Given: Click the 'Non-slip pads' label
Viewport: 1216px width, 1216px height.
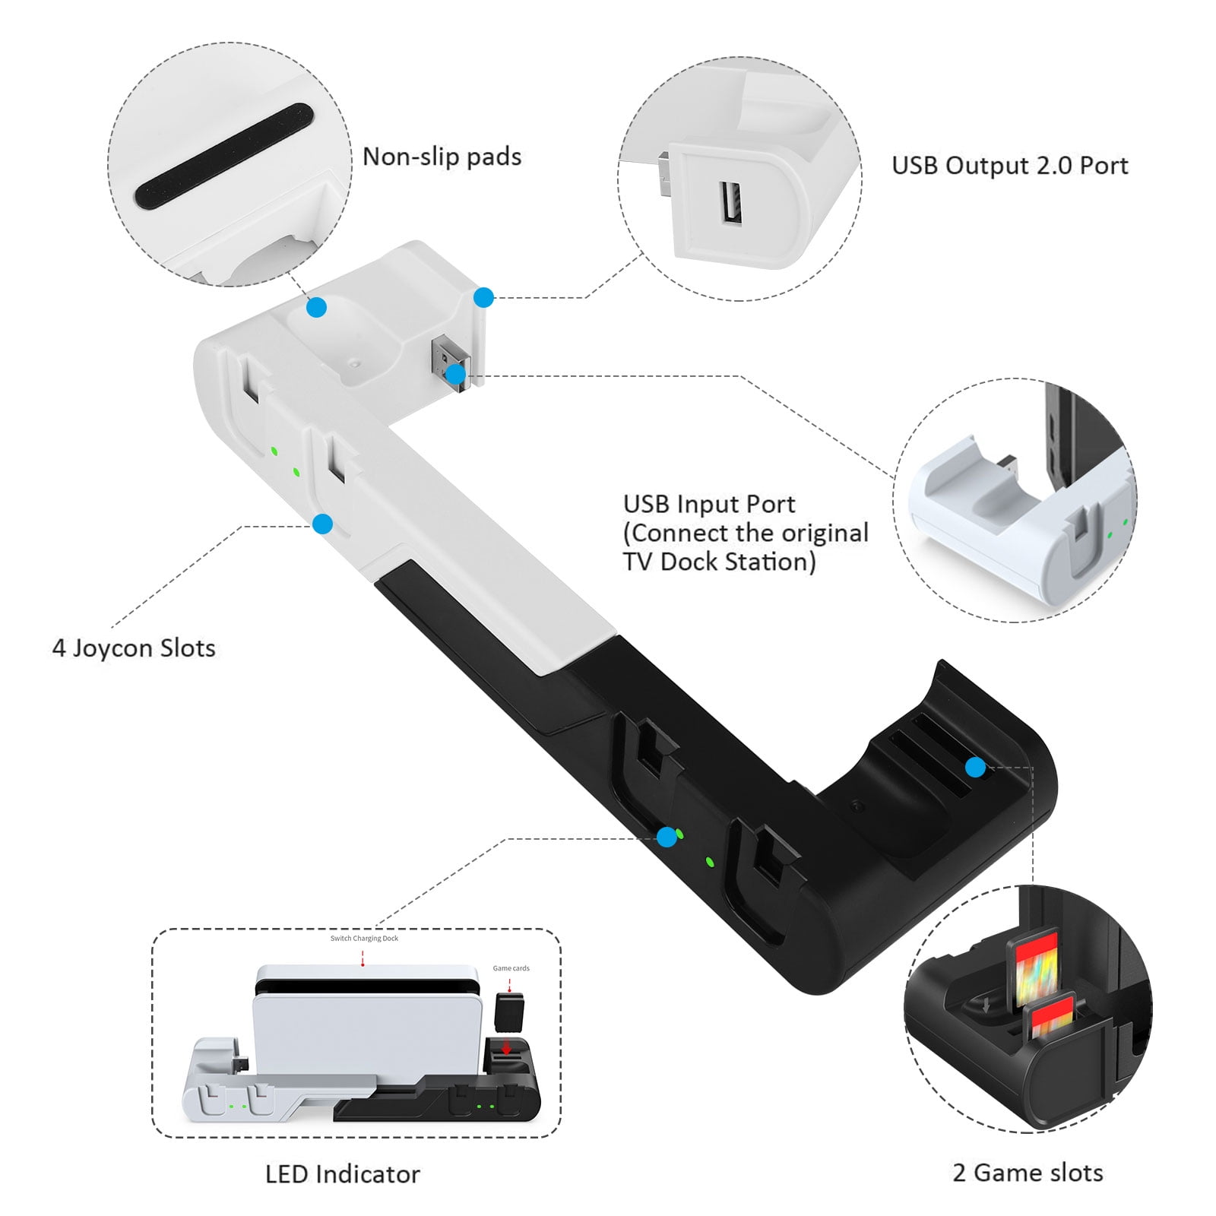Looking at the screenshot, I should [442, 157].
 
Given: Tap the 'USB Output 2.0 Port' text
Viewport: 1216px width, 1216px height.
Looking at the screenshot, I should [1009, 166].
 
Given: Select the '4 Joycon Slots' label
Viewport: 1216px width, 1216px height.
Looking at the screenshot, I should [134, 648].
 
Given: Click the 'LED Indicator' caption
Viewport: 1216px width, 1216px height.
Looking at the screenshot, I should [342, 1174].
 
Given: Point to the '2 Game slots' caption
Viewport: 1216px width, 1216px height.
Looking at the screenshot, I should [1028, 1173].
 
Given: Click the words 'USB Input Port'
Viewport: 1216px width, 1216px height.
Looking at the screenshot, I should [708, 504].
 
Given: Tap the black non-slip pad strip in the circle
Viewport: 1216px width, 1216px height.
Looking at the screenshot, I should [224, 156].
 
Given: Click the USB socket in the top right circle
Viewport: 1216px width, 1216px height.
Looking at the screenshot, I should [732, 202].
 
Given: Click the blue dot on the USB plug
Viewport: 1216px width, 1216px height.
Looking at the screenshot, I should [455, 374].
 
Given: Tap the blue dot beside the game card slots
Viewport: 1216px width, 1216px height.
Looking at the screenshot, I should [976, 767].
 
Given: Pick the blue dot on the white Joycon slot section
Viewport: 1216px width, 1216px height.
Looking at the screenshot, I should [323, 524].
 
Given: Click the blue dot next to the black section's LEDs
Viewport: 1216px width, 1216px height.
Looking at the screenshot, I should [667, 837].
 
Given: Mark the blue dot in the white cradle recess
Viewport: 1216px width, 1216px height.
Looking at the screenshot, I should [317, 307].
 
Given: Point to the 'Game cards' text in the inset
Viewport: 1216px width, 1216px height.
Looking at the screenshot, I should [511, 968].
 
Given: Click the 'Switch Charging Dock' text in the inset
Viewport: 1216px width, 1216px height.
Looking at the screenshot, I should [364, 939].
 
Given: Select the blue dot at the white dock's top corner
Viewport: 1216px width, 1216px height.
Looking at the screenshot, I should [483, 297].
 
